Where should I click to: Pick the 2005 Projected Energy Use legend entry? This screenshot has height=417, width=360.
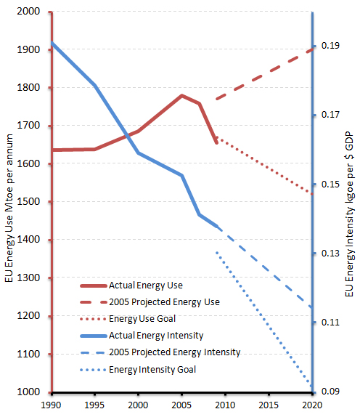tap(163, 301)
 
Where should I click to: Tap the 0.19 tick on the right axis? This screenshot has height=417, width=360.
tap(331, 46)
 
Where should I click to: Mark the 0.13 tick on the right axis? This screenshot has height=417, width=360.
tap(331, 254)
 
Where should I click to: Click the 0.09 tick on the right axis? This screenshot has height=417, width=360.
tap(331, 392)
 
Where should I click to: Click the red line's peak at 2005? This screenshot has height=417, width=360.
tap(181, 95)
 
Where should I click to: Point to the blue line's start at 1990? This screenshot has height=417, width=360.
tap(52, 43)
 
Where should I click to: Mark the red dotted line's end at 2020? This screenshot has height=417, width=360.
tap(311, 194)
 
